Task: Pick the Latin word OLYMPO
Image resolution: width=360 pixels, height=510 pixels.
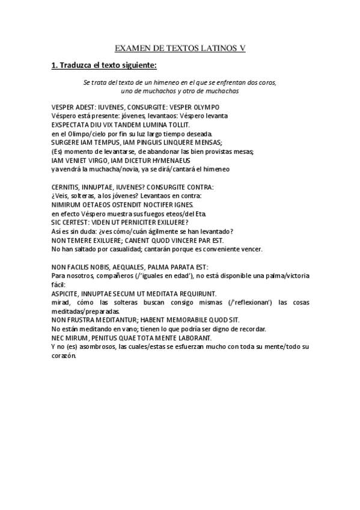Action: pyautogui.click(x=206, y=106)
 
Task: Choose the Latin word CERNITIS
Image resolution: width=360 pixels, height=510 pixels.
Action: pyautogui.click(x=67, y=187)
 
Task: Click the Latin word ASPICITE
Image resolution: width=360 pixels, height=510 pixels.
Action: pyautogui.click(x=67, y=293)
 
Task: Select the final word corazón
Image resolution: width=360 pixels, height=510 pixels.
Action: pyautogui.click(x=65, y=356)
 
